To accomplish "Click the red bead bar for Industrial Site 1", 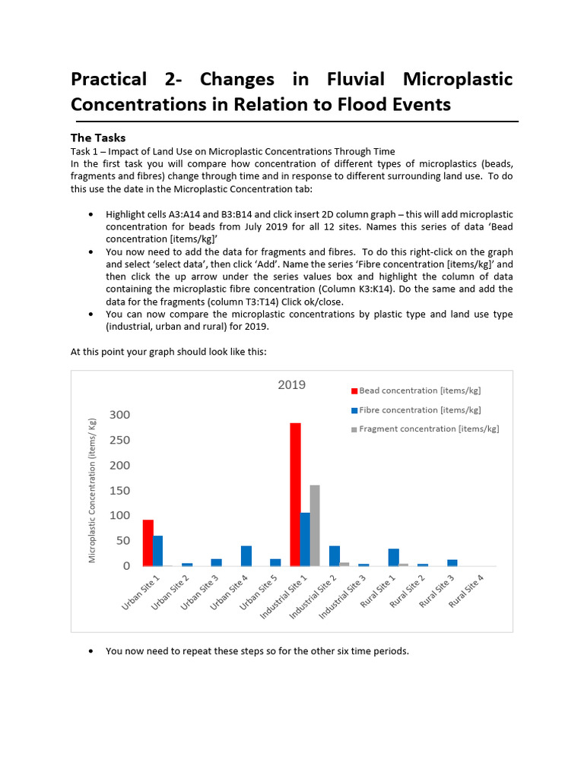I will point(295,494).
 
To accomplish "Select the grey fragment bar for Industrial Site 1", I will point(315,525).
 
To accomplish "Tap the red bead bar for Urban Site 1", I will point(148,542).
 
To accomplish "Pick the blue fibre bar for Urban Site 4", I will point(246,555).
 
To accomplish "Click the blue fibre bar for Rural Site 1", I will point(393,557).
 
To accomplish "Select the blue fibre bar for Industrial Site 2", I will point(335,555).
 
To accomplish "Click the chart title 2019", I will point(291,384).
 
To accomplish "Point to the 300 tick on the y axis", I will point(119,415).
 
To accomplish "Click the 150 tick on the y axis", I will point(119,491).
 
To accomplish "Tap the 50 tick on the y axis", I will point(122,541).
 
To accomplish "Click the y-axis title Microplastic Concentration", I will point(92,490).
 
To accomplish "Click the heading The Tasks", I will point(98,138).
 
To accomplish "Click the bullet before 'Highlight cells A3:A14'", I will point(92,215).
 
